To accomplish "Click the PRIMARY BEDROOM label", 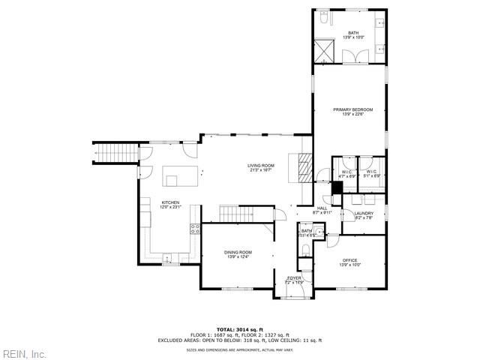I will [x=352, y=109].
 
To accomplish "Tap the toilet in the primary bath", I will [x=321, y=17].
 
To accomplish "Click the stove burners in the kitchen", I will [x=194, y=229].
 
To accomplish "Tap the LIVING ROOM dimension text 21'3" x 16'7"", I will [x=260, y=170].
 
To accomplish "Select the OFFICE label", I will [x=350, y=260].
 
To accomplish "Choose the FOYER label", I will [x=294, y=278].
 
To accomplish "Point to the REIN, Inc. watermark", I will [x=25, y=354].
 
